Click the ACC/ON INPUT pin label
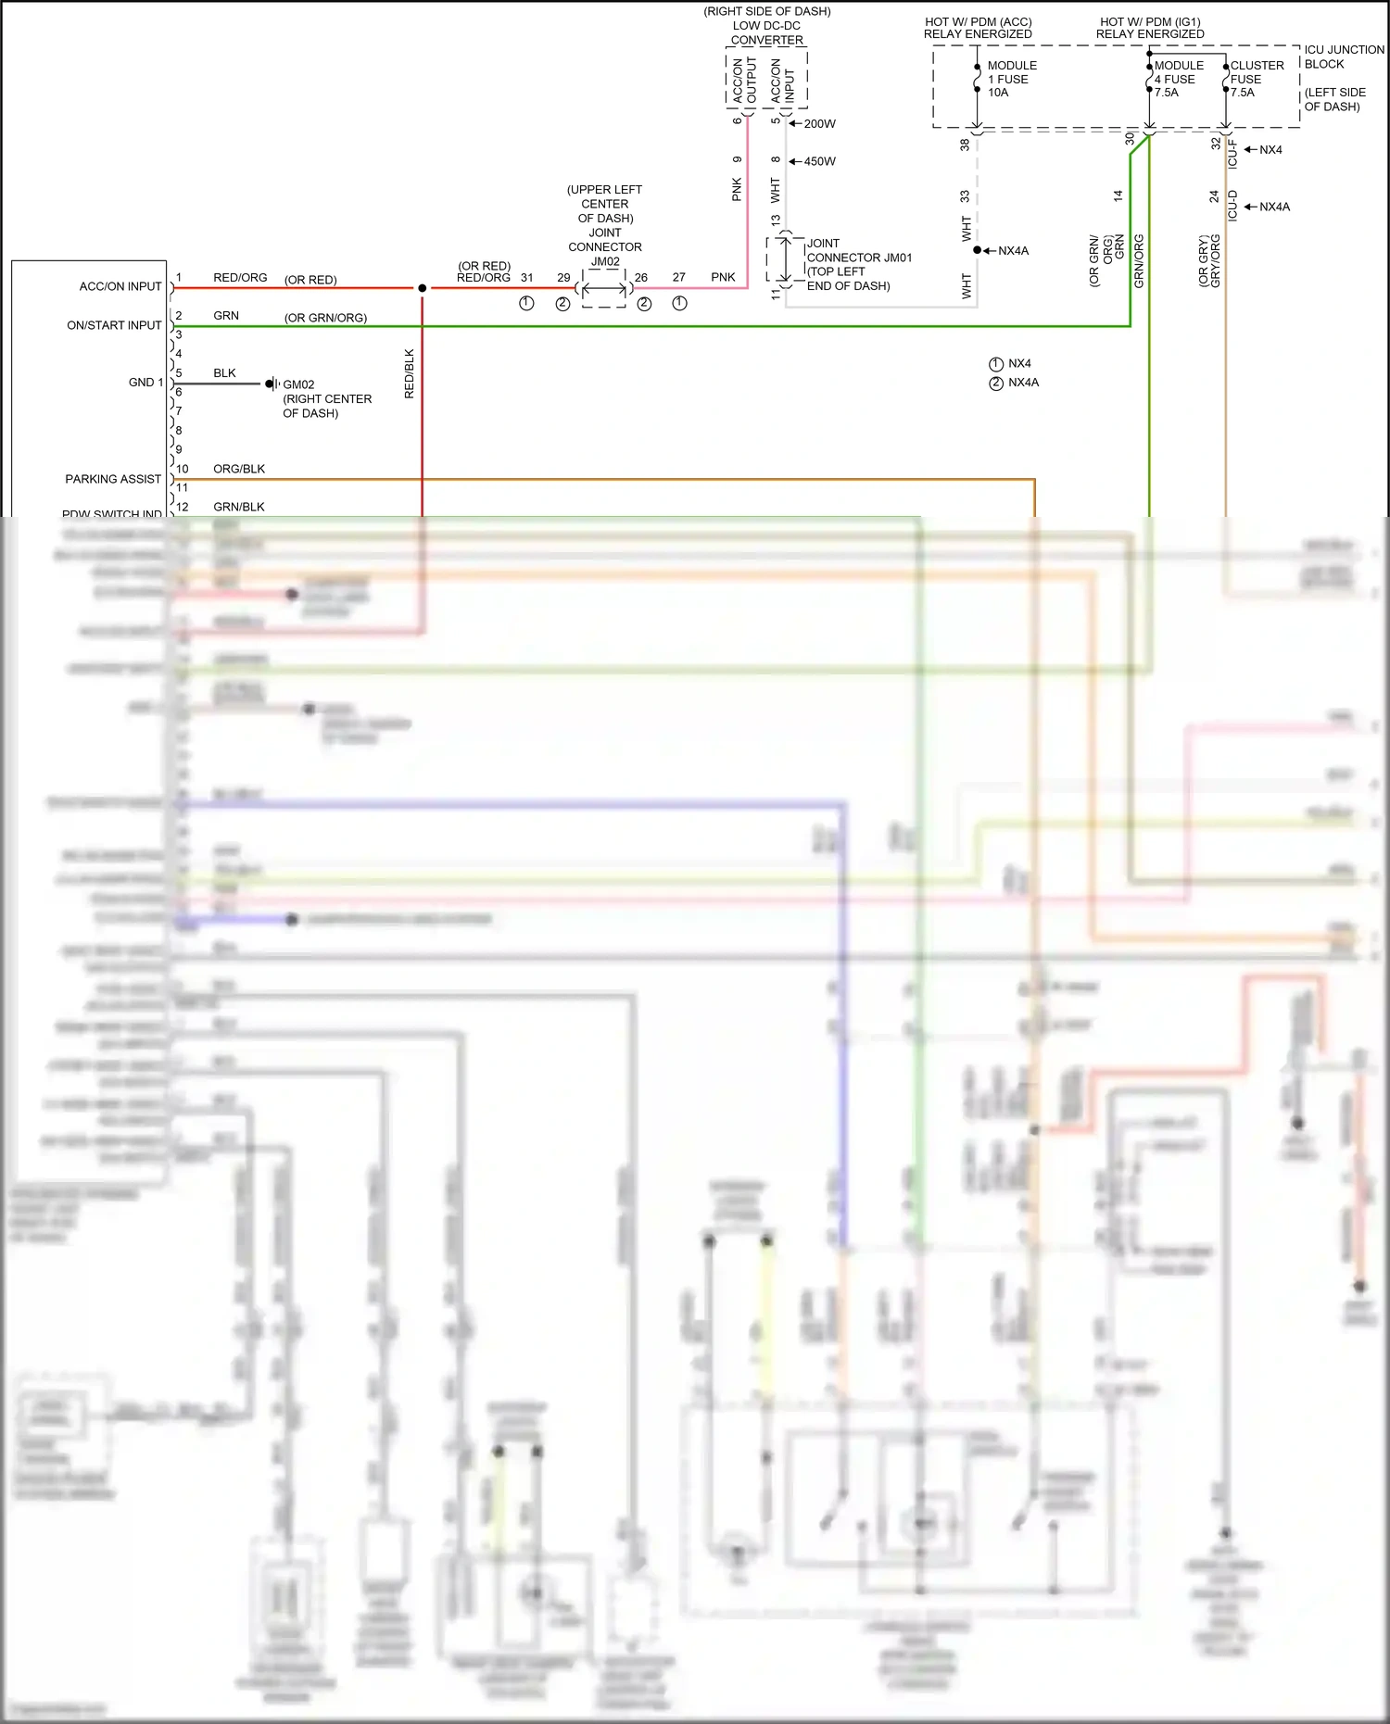pyautogui.click(x=120, y=286)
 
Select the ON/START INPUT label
pyautogui.click(x=114, y=325)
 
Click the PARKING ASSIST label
pyautogui.click(x=113, y=479)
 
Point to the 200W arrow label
pyautogui.click(x=819, y=123)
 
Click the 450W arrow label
pyautogui.click(x=819, y=161)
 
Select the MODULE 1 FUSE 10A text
pyautogui.click(x=1011, y=79)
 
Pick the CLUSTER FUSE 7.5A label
pyautogui.click(x=1256, y=79)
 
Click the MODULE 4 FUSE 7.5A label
pyautogui.click(x=1178, y=79)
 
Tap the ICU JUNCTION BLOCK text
pyautogui.click(x=1343, y=57)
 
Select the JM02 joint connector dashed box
pyautogui.click(x=604, y=289)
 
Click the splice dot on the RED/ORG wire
pyautogui.click(x=423, y=288)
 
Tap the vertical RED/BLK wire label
pyautogui.click(x=410, y=373)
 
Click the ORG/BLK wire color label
pyautogui.click(x=239, y=469)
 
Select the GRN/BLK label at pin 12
pyautogui.click(x=239, y=507)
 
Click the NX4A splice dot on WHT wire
pyautogui.click(x=977, y=250)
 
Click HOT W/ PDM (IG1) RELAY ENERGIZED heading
pyautogui.click(x=1150, y=28)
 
